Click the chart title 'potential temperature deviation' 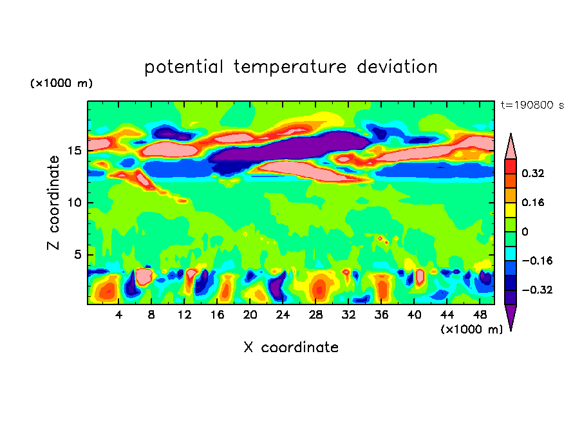[x=291, y=67]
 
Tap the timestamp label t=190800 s [x=532, y=105]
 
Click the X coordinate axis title [x=291, y=348]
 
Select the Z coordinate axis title [x=54, y=203]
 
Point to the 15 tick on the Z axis [x=75, y=151]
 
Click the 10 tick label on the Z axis [x=75, y=203]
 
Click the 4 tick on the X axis [x=118, y=315]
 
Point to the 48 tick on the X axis [x=480, y=315]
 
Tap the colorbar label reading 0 [x=525, y=232]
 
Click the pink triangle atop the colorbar [x=511, y=147]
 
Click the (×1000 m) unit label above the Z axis [x=61, y=84]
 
